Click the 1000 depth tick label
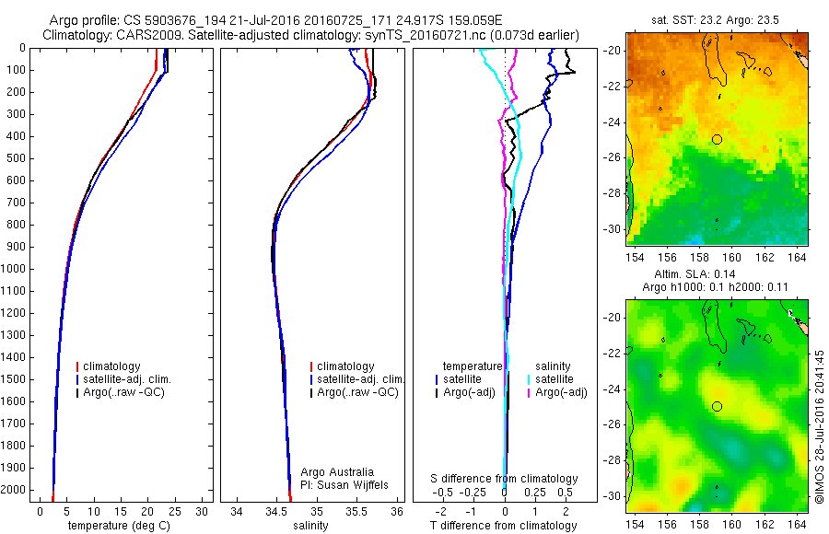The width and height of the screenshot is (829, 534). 13,269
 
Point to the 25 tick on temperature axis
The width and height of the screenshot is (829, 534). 174,512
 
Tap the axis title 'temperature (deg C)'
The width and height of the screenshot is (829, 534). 119,526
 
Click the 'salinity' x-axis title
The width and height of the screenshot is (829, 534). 310,526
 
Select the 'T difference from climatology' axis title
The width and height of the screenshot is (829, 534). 503,526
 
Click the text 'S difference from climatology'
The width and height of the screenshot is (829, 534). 504,479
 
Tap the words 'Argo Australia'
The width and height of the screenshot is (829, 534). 337,472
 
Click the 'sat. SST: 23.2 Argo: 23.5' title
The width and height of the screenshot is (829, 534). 715,20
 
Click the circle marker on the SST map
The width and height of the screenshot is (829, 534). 717,140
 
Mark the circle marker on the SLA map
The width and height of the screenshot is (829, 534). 717,407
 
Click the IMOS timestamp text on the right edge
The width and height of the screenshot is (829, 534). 819,426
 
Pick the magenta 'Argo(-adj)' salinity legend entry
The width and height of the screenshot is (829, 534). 558,392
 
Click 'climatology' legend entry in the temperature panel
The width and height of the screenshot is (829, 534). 109,366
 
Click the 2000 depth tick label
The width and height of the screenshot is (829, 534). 13,490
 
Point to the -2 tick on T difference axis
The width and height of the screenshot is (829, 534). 440,512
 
